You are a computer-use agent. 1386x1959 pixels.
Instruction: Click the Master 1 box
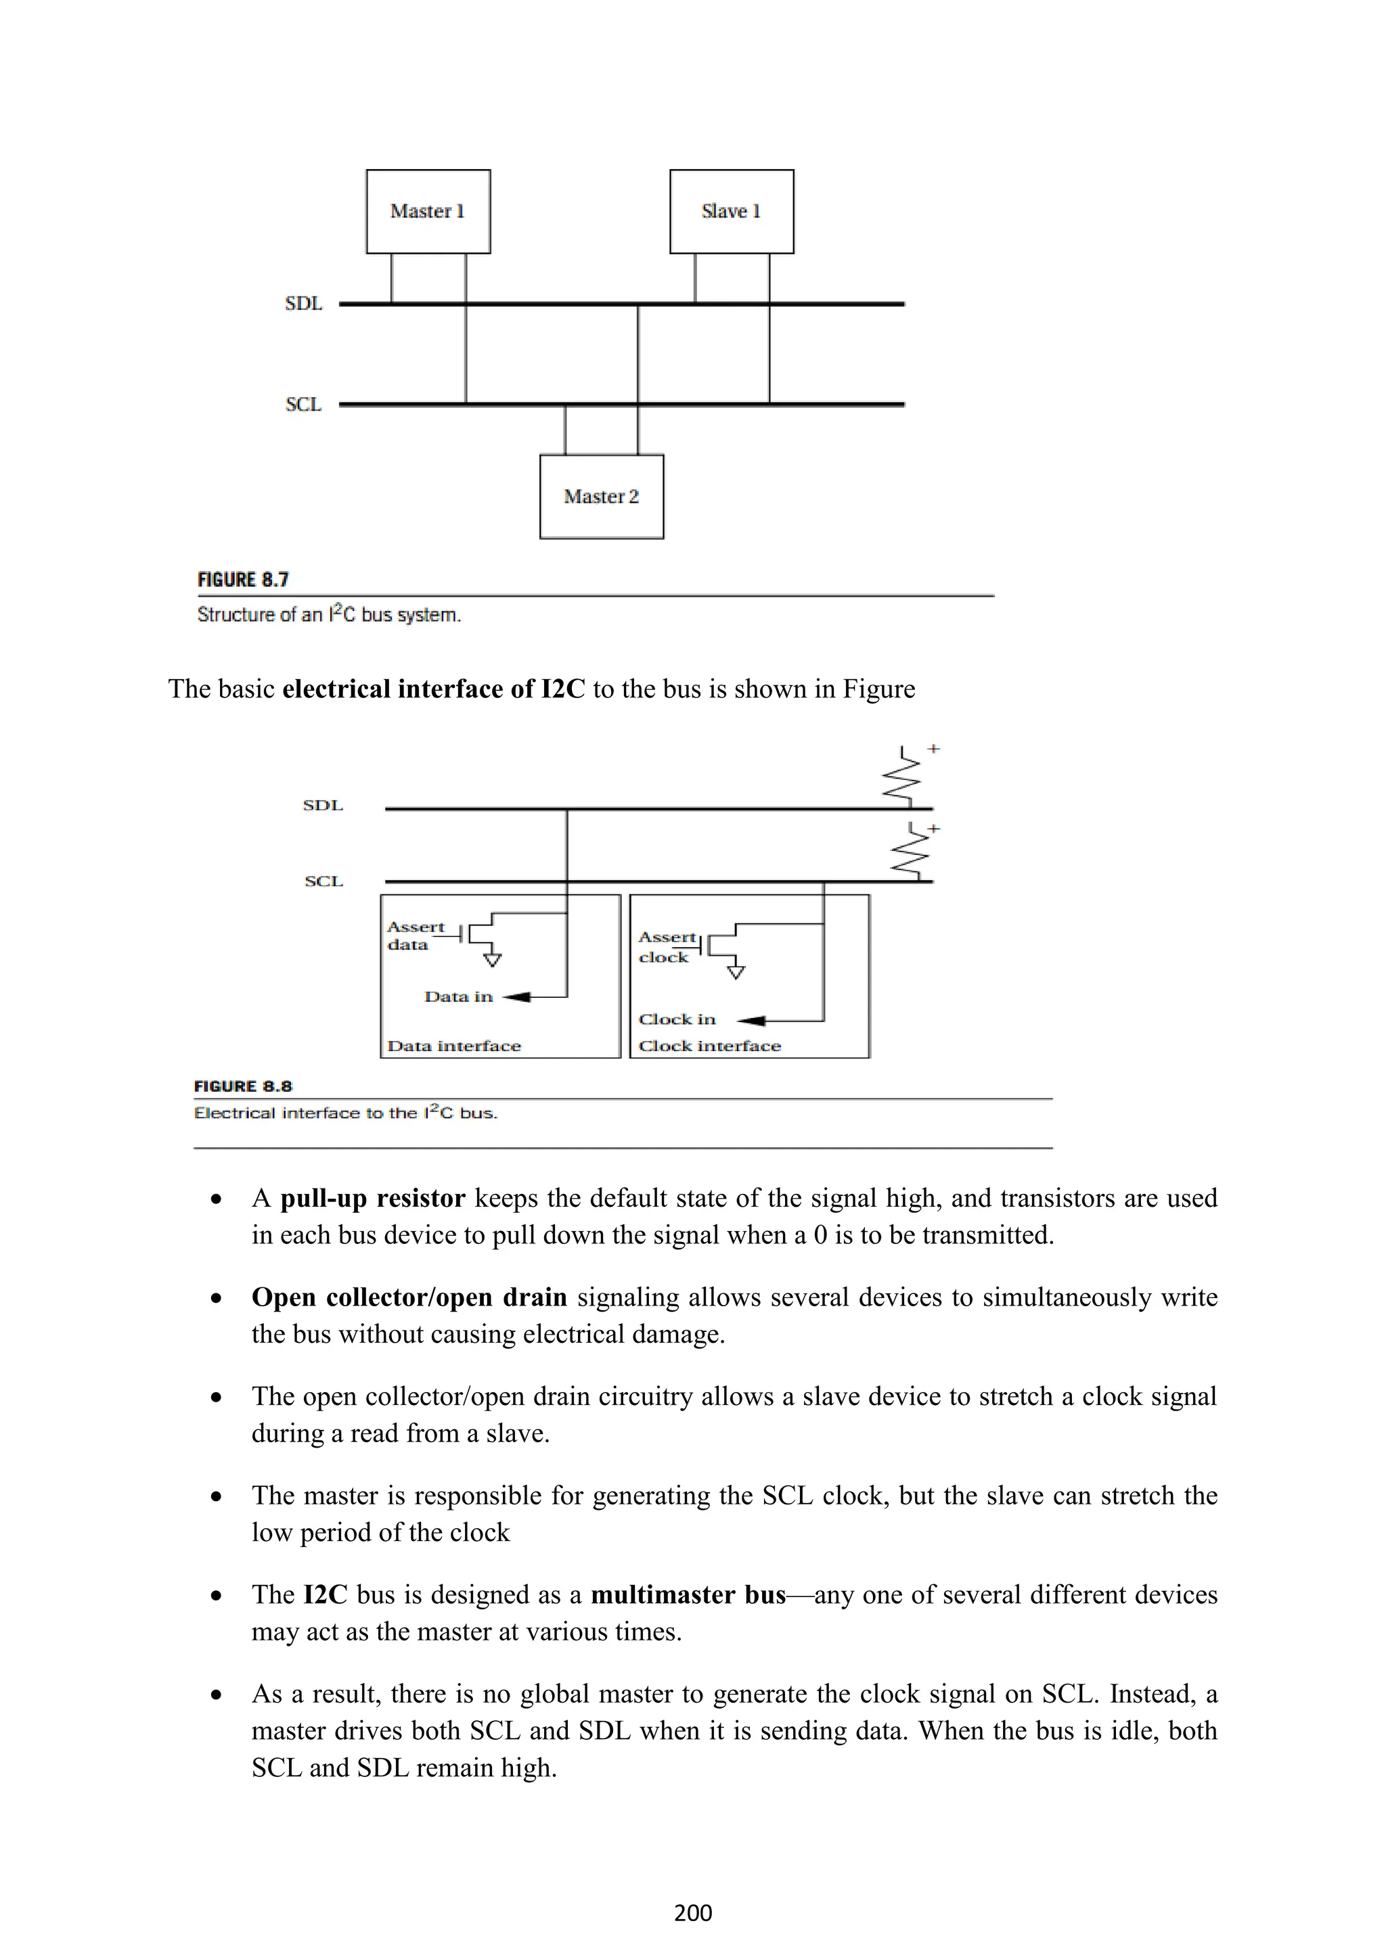pyautogui.click(x=428, y=211)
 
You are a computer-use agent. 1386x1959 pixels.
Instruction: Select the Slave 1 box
pyautogui.click(x=732, y=211)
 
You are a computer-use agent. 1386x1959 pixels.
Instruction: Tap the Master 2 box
pyautogui.click(x=601, y=496)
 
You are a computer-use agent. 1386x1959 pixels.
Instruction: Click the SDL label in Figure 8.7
pyautogui.click(x=303, y=304)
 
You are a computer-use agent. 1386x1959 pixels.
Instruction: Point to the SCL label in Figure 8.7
pyautogui.click(x=303, y=405)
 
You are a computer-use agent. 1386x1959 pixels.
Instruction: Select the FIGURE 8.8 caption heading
pyautogui.click(x=243, y=1086)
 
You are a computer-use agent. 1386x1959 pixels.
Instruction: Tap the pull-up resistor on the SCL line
pyautogui.click(x=910, y=853)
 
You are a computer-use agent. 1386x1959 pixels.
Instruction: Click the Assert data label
pyautogui.click(x=415, y=935)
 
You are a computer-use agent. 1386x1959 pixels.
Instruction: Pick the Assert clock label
pyautogui.click(x=667, y=947)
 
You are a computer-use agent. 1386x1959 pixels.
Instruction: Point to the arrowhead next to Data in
pyautogui.click(x=518, y=996)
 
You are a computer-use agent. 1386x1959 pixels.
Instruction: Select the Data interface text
pyautogui.click(x=454, y=1046)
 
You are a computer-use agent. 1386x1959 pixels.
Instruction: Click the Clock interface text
pyautogui.click(x=709, y=1046)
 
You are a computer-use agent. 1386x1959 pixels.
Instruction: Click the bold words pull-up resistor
pyautogui.click(x=372, y=1199)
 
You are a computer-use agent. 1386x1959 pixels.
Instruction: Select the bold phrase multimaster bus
pyautogui.click(x=688, y=1594)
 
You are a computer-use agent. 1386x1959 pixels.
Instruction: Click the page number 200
pyautogui.click(x=692, y=1913)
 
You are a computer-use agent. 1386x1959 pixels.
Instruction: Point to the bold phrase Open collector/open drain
pyautogui.click(x=409, y=1297)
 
